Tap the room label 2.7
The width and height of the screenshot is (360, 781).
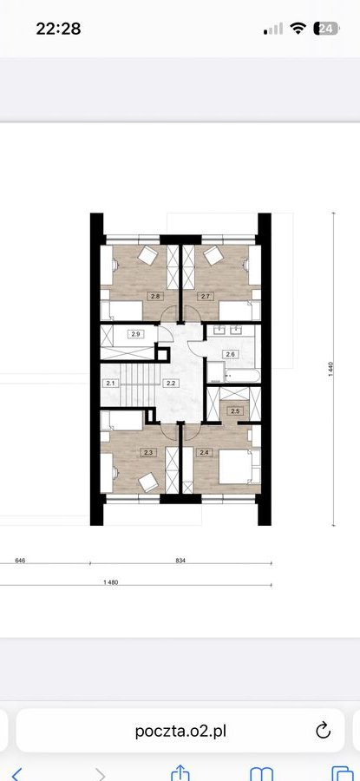[204, 297]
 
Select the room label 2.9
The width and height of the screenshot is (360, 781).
[135, 334]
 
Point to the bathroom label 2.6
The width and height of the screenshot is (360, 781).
[230, 355]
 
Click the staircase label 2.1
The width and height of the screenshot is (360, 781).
[109, 383]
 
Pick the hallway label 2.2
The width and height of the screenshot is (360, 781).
[170, 383]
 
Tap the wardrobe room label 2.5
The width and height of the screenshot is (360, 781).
[234, 411]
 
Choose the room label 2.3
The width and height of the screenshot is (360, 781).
[147, 452]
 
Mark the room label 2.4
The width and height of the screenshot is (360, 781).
[204, 452]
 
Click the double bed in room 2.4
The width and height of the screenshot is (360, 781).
[239, 467]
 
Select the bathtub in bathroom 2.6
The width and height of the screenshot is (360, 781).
[242, 376]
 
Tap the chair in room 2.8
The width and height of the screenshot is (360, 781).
[147, 255]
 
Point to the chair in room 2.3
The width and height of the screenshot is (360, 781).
[147, 482]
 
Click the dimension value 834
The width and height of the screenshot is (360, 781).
[180, 561]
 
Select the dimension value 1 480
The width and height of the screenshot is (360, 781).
[111, 582]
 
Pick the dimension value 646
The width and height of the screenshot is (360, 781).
[20, 561]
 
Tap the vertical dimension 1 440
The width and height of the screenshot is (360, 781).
[331, 369]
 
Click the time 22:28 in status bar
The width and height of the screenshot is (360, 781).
[58, 29]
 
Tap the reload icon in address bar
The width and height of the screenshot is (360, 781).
[323, 731]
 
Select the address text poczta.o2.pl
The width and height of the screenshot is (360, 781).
[180, 732]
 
